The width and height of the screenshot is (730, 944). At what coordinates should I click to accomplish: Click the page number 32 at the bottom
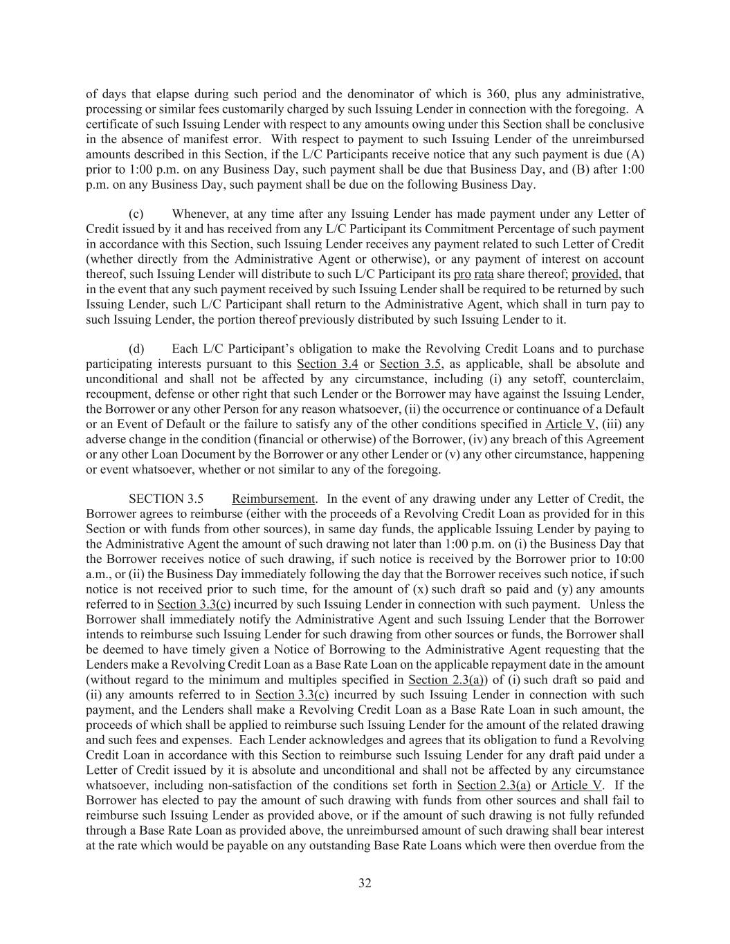point(365,883)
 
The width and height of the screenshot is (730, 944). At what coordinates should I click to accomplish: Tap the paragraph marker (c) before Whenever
point(136,214)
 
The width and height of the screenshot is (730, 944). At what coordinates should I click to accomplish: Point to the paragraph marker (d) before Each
point(136,349)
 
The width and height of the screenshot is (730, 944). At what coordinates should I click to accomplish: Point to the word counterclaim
point(610,379)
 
